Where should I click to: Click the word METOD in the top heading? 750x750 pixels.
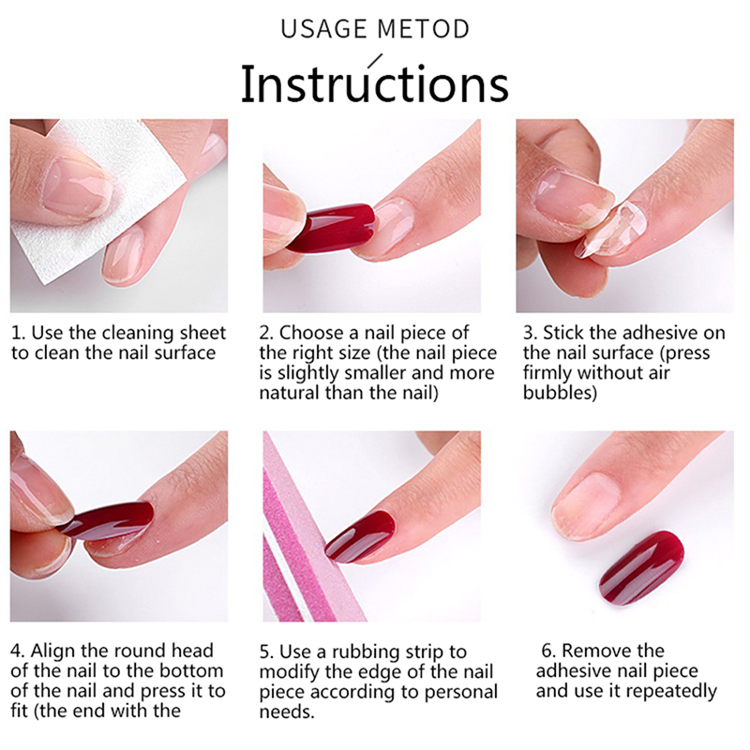[423, 29]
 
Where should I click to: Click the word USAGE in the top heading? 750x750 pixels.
[323, 29]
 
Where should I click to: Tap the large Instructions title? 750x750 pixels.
[374, 82]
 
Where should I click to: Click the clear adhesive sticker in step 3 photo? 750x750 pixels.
[604, 229]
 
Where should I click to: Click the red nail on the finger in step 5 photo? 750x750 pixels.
[360, 535]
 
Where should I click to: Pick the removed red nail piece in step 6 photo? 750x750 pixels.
[641, 567]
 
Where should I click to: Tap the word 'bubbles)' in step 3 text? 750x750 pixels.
[560, 393]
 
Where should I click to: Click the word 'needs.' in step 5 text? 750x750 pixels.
[287, 712]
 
